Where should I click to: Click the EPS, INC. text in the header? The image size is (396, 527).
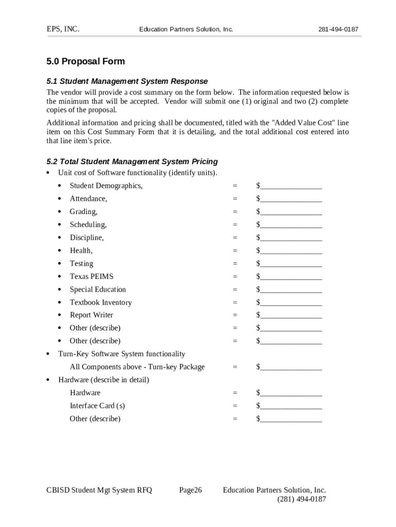pos(63,29)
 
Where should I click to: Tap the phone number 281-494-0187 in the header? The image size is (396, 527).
pos(338,29)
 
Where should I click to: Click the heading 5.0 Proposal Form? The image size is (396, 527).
pos(85,61)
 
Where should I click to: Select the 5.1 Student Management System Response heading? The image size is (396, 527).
pos(127,81)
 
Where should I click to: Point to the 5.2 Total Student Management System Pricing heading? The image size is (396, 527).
pos(132,162)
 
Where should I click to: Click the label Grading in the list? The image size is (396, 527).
pos(83,212)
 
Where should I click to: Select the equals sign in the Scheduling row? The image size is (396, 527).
pos(235,225)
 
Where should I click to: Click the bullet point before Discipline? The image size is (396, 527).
pos(60,238)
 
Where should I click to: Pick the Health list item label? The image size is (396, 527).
pos(81,251)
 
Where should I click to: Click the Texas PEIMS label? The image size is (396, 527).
pos(92,276)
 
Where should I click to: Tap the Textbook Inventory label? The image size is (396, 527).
pos(101,303)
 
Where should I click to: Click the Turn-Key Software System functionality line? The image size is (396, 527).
pos(121,354)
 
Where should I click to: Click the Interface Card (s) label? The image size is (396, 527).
pos(97,406)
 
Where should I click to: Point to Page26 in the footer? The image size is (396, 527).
pos(190,490)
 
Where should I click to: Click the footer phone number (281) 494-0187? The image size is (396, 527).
pos(301,499)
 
